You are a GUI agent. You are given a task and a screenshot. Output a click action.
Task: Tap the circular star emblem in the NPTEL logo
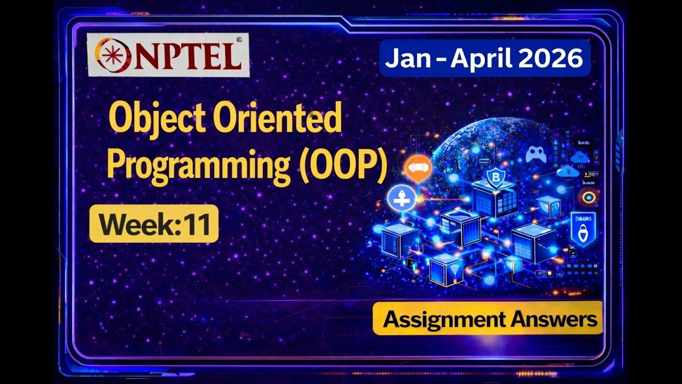tap(112, 55)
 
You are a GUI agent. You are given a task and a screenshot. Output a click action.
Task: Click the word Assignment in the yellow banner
tap(444, 319)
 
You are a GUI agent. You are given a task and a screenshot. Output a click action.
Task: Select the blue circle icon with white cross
tap(402, 198)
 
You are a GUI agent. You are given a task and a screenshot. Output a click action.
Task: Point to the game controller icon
tap(536, 155)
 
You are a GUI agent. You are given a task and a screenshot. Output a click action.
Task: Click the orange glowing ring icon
tap(589, 197)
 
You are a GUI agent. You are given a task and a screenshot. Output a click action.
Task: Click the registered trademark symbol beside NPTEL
tap(239, 39)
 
